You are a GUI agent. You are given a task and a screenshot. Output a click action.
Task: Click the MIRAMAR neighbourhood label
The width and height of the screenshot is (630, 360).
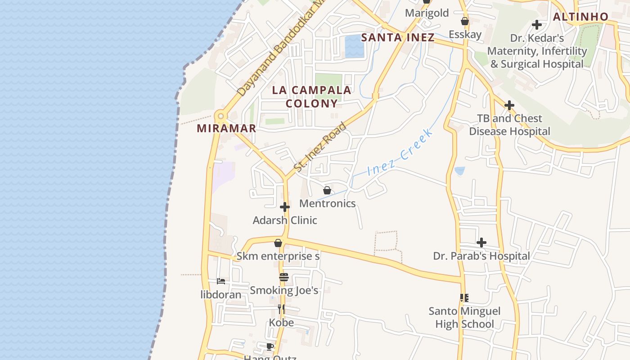[226, 128]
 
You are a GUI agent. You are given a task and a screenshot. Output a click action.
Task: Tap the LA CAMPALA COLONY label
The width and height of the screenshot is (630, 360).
[311, 96]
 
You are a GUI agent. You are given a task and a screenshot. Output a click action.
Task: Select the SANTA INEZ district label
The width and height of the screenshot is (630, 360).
[398, 37]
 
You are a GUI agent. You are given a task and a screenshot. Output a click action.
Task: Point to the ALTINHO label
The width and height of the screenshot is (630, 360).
[580, 17]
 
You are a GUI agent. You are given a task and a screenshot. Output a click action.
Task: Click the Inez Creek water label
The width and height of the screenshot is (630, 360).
[400, 152]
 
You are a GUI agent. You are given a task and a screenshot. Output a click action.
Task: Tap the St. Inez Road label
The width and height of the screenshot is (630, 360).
[320, 147]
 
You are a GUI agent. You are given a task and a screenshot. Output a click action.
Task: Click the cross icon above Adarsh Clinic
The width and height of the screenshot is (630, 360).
[285, 207]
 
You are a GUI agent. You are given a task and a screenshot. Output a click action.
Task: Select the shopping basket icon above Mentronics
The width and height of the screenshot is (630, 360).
[327, 190]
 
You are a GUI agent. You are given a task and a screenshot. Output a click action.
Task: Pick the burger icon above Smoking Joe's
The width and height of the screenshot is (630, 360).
[283, 277]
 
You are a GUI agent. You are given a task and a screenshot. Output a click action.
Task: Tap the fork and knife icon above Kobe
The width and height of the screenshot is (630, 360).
[281, 309]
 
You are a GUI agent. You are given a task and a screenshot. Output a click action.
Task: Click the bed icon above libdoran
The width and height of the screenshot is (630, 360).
[221, 281]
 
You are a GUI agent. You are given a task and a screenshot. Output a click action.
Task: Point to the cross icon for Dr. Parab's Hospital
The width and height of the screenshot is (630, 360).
[481, 243]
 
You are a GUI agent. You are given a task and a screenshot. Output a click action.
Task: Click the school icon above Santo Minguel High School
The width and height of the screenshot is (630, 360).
[464, 298]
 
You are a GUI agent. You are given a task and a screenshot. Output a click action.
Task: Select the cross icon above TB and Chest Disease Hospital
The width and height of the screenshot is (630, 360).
[509, 106]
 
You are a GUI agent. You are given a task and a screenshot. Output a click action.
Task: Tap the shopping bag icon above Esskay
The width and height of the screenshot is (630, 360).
[465, 21]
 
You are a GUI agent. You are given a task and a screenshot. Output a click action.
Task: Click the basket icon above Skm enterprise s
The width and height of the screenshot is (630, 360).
[278, 243]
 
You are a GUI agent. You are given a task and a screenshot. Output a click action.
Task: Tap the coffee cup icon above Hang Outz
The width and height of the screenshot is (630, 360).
[270, 346]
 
